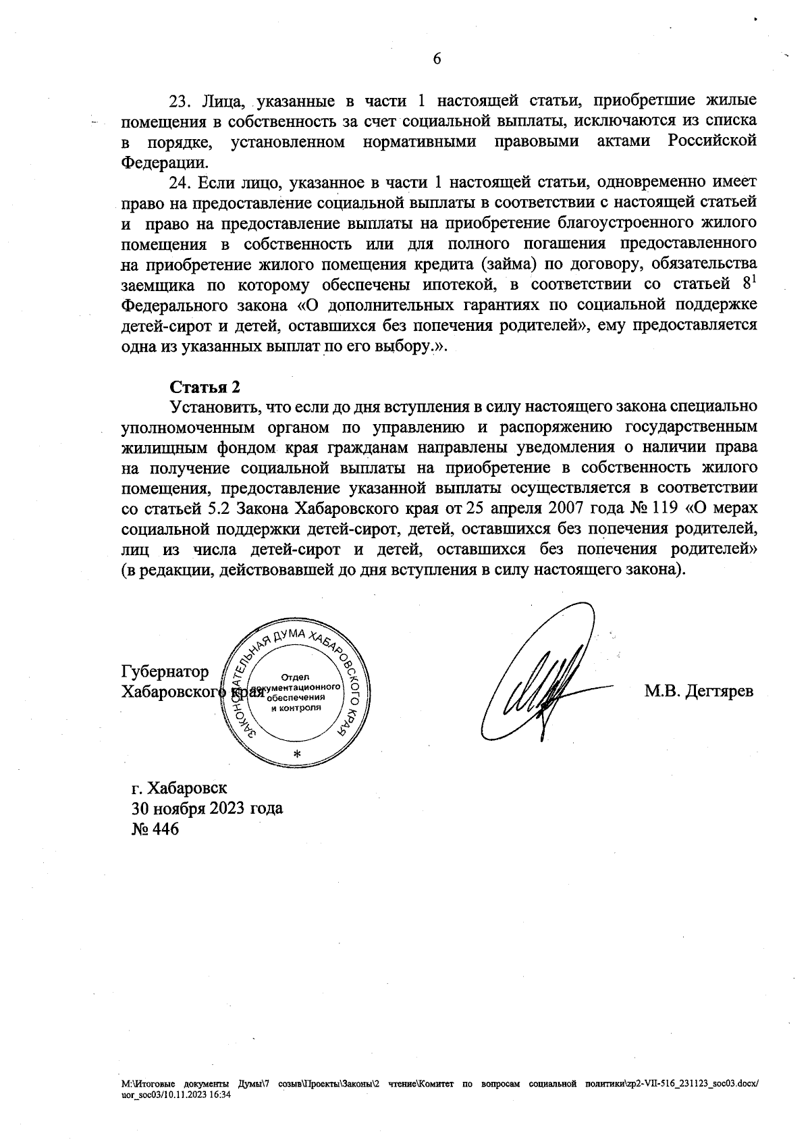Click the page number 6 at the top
pos(436,59)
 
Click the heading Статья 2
pos(204,387)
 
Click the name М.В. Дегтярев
pos(699,692)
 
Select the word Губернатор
pos(165,672)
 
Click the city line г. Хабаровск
pos(180,788)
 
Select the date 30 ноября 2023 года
pos(207,808)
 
